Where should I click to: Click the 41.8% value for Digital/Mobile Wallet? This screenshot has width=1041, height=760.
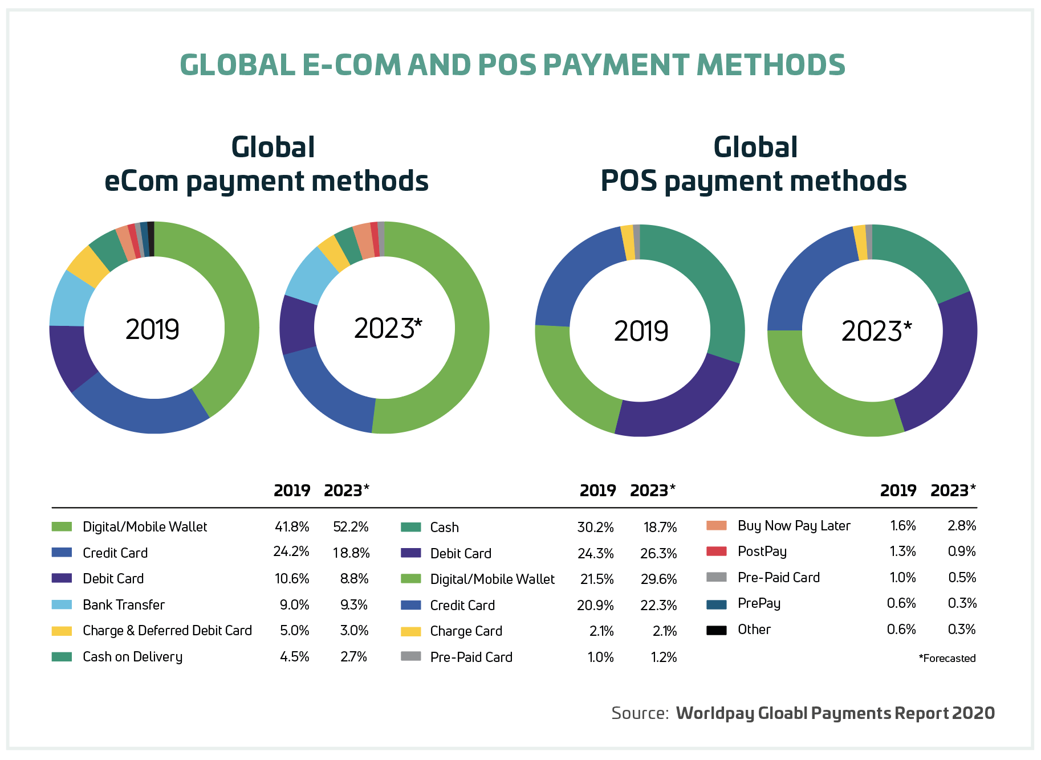click(x=292, y=526)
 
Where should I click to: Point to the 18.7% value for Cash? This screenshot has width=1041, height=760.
click(x=660, y=527)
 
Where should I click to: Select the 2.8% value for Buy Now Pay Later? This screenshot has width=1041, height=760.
click(x=962, y=525)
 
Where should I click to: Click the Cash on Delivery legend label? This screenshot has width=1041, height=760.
click(x=132, y=656)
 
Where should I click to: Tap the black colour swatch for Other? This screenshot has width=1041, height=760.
click(x=716, y=630)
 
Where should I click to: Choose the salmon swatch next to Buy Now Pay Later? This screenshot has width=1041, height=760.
click(x=716, y=525)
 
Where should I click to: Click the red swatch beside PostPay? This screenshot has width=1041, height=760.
click(x=716, y=551)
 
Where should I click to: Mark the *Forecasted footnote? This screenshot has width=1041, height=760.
click(x=947, y=658)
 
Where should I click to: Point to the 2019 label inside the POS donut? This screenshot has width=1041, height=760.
click(x=641, y=331)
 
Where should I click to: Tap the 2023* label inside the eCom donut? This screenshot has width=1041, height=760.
click(x=388, y=328)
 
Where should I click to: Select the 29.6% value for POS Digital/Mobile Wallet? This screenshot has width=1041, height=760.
click(x=658, y=579)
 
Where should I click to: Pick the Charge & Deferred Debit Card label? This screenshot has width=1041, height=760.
click(x=167, y=630)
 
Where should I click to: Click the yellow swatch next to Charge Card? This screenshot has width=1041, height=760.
click(x=410, y=631)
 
